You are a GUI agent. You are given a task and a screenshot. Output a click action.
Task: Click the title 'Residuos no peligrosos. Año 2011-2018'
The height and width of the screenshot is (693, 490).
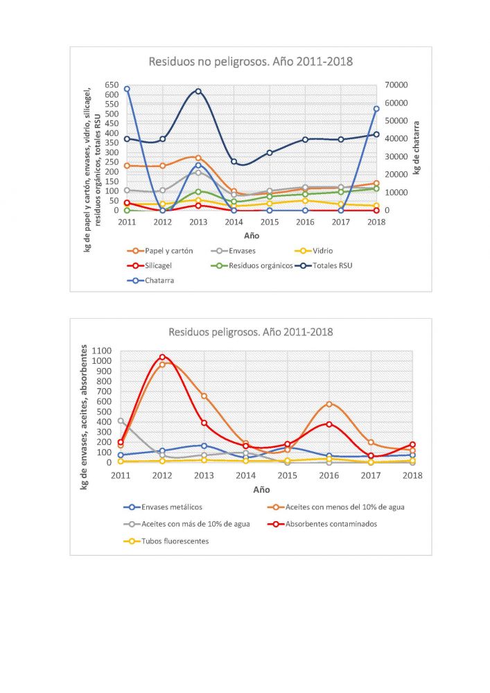tap(250, 62)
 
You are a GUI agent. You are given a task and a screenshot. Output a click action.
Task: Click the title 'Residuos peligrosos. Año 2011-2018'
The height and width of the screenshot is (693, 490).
tap(250, 332)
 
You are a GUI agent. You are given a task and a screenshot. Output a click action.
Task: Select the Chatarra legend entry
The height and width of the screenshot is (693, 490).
tap(150, 280)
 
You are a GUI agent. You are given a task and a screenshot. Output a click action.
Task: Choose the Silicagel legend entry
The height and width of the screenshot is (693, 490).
tap(149, 265)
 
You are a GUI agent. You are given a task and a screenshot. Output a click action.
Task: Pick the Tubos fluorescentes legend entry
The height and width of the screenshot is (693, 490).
tap(166, 541)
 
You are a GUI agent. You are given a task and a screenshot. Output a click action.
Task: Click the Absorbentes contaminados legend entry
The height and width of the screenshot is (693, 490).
tap(322, 524)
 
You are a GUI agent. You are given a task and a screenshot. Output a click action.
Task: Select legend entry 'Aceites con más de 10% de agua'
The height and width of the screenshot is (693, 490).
tap(186, 524)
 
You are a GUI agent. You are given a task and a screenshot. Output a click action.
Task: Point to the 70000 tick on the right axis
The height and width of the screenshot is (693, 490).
tap(396, 85)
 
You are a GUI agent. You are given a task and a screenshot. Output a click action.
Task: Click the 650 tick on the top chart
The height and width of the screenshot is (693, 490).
tap(112, 85)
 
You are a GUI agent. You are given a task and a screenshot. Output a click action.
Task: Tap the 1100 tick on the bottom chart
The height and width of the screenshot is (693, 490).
tap(102, 351)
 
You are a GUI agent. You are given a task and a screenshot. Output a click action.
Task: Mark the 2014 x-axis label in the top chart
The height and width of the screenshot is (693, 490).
tap(234, 222)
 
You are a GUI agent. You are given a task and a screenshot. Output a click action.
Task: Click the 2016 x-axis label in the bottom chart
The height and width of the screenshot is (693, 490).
tap(329, 475)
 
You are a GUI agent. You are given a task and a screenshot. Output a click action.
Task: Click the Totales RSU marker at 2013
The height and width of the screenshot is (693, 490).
tap(198, 91)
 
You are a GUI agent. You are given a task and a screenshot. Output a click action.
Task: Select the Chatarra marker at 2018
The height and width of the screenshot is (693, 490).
tap(376, 109)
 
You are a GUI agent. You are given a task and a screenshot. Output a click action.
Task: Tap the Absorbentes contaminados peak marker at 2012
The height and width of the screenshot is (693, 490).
tap(162, 357)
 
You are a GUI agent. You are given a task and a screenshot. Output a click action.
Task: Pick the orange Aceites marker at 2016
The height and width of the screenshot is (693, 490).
tap(329, 404)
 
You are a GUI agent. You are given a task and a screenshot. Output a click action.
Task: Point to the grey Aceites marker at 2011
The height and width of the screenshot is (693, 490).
tap(121, 421)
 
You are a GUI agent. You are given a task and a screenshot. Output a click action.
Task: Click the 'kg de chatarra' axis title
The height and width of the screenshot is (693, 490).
tap(417, 148)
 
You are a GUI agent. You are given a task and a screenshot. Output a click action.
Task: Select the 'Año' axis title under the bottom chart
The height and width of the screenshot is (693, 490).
tap(261, 490)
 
